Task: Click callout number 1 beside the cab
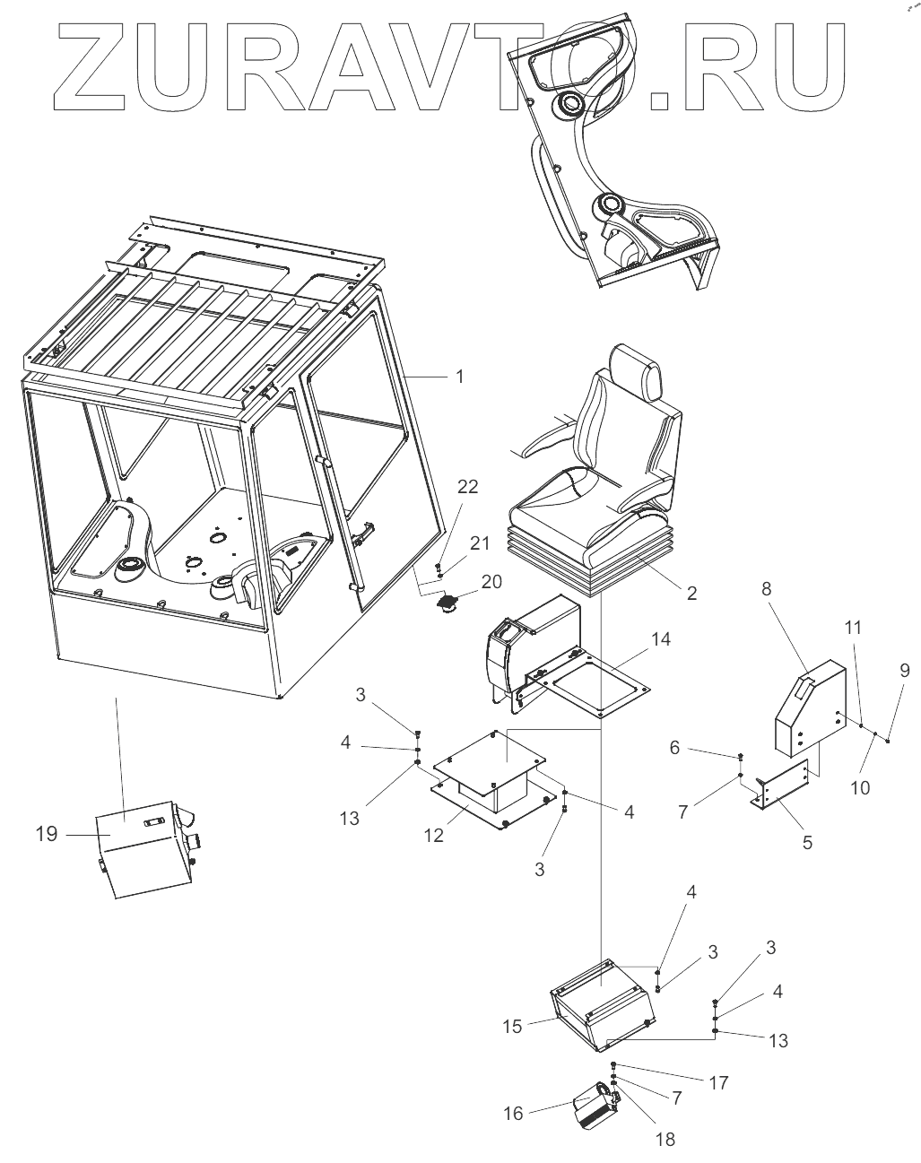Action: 459,377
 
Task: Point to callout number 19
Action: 47,834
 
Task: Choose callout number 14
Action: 661,638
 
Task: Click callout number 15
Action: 512,1026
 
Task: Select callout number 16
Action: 513,1114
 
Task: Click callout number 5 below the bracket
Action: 807,843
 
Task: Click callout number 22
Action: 468,487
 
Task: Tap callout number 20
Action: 491,581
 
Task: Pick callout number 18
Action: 665,1141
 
